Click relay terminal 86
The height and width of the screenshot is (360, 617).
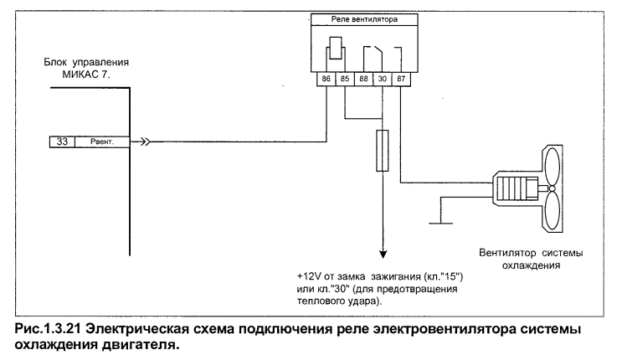(326, 79)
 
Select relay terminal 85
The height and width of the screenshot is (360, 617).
(345, 79)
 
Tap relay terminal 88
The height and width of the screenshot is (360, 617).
(363, 79)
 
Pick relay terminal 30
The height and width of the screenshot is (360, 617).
(382, 79)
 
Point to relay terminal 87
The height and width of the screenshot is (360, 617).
(401, 79)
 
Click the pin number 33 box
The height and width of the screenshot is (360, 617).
(62, 141)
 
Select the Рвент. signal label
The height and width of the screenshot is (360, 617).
(102, 141)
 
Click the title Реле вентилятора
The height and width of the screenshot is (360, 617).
(364, 19)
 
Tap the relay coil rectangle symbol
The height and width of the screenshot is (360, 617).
(335, 48)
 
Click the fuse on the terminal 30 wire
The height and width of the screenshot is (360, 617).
(383, 151)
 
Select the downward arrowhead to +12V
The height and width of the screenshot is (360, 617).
(383, 255)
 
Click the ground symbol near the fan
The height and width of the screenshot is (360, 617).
(440, 223)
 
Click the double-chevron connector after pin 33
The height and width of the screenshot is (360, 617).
(146, 141)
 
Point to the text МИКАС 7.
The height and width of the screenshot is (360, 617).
(86, 75)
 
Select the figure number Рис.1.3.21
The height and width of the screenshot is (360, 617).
(48, 329)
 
